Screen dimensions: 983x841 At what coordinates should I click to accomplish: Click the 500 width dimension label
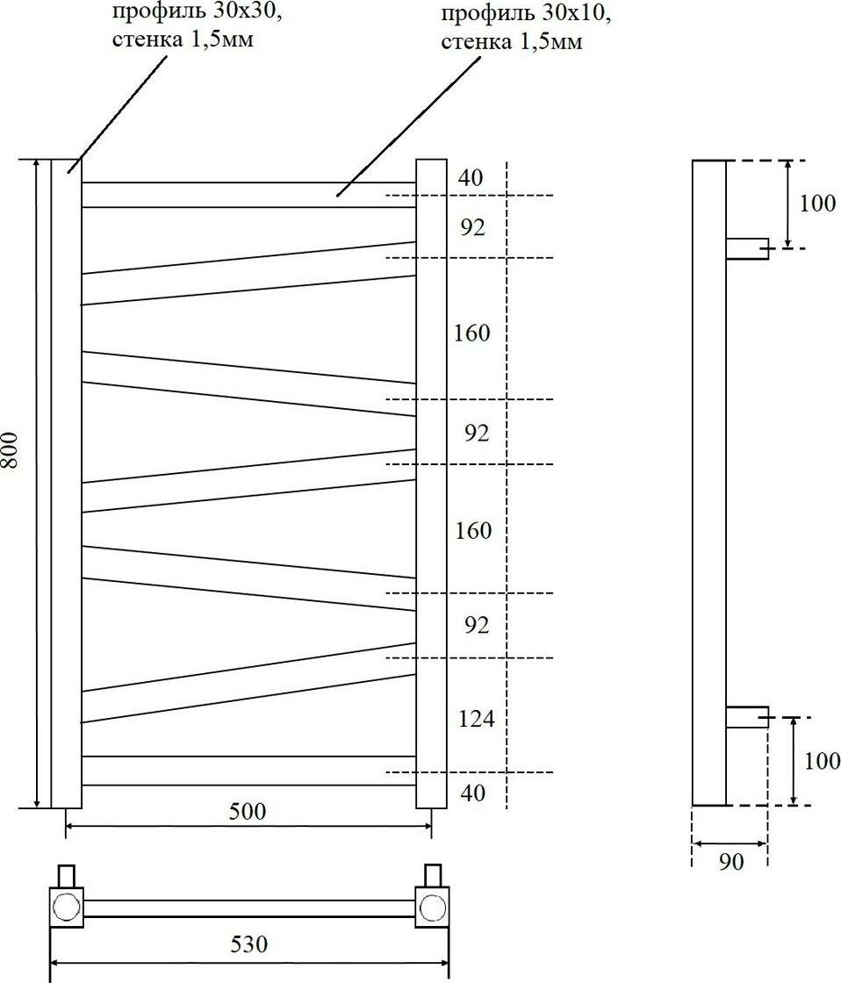tap(248, 811)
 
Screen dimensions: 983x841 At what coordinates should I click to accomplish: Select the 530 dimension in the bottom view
tap(249, 945)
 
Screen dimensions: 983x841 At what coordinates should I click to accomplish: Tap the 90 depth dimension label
tap(730, 862)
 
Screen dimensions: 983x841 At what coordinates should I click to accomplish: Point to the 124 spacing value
tap(477, 720)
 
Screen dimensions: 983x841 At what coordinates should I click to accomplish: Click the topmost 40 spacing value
tap(471, 177)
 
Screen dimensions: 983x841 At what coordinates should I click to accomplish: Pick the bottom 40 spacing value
tap(472, 793)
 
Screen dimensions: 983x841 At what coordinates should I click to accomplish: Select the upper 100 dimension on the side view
tap(817, 204)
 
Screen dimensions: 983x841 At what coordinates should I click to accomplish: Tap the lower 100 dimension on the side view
tap(822, 760)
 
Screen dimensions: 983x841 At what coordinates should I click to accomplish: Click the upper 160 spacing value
tap(472, 334)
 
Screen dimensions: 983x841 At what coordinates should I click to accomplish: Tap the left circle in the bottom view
tap(65, 907)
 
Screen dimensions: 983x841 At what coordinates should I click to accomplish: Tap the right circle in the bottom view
tap(432, 907)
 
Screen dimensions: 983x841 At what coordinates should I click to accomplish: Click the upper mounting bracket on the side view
tap(746, 248)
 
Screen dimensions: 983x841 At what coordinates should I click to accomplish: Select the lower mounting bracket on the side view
tap(746, 717)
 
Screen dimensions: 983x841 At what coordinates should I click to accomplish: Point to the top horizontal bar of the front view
tap(248, 195)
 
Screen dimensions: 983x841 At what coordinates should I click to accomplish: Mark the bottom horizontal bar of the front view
tap(248, 770)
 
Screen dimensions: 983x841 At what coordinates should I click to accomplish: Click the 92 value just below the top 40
tap(472, 227)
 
